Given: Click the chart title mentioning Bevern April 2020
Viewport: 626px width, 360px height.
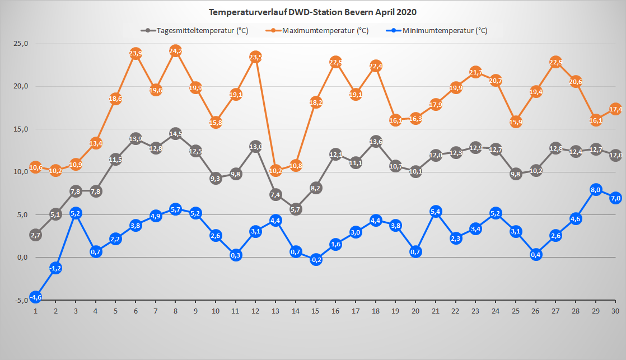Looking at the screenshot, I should point(312,12).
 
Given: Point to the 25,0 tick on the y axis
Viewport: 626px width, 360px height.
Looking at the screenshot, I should point(21,44).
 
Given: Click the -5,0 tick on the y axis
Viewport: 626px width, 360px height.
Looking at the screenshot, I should point(21,300).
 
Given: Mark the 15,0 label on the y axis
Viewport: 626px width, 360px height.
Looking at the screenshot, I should point(21,129).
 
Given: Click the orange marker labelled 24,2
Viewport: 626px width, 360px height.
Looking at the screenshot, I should point(175,51).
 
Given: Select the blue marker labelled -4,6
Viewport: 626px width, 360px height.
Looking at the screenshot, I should point(35,297).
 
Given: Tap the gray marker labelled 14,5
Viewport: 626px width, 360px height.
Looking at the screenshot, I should point(175,134).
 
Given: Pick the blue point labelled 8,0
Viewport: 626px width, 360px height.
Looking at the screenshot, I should point(596,189).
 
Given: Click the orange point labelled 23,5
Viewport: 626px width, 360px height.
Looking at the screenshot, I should point(255,57).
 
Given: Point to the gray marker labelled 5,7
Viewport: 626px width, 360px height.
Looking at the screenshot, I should point(296,209).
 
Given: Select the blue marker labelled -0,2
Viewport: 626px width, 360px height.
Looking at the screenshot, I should point(316,259).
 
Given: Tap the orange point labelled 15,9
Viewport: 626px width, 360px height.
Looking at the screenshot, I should point(516,121).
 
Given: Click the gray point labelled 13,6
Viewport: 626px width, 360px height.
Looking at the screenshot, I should point(376,141).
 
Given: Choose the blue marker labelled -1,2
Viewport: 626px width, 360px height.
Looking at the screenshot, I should point(55,268).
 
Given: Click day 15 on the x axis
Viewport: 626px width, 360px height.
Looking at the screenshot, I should point(316,311).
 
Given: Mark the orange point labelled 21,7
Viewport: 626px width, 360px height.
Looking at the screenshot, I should point(476,72).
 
